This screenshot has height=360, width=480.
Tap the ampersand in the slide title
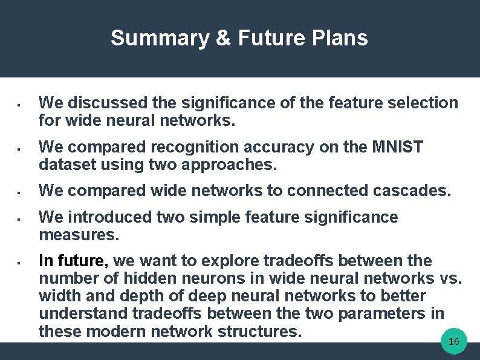[x=223, y=38]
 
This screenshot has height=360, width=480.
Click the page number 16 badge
[x=454, y=342]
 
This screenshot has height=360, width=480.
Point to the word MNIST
[x=398, y=147]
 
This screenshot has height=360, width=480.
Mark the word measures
[x=76, y=234]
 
